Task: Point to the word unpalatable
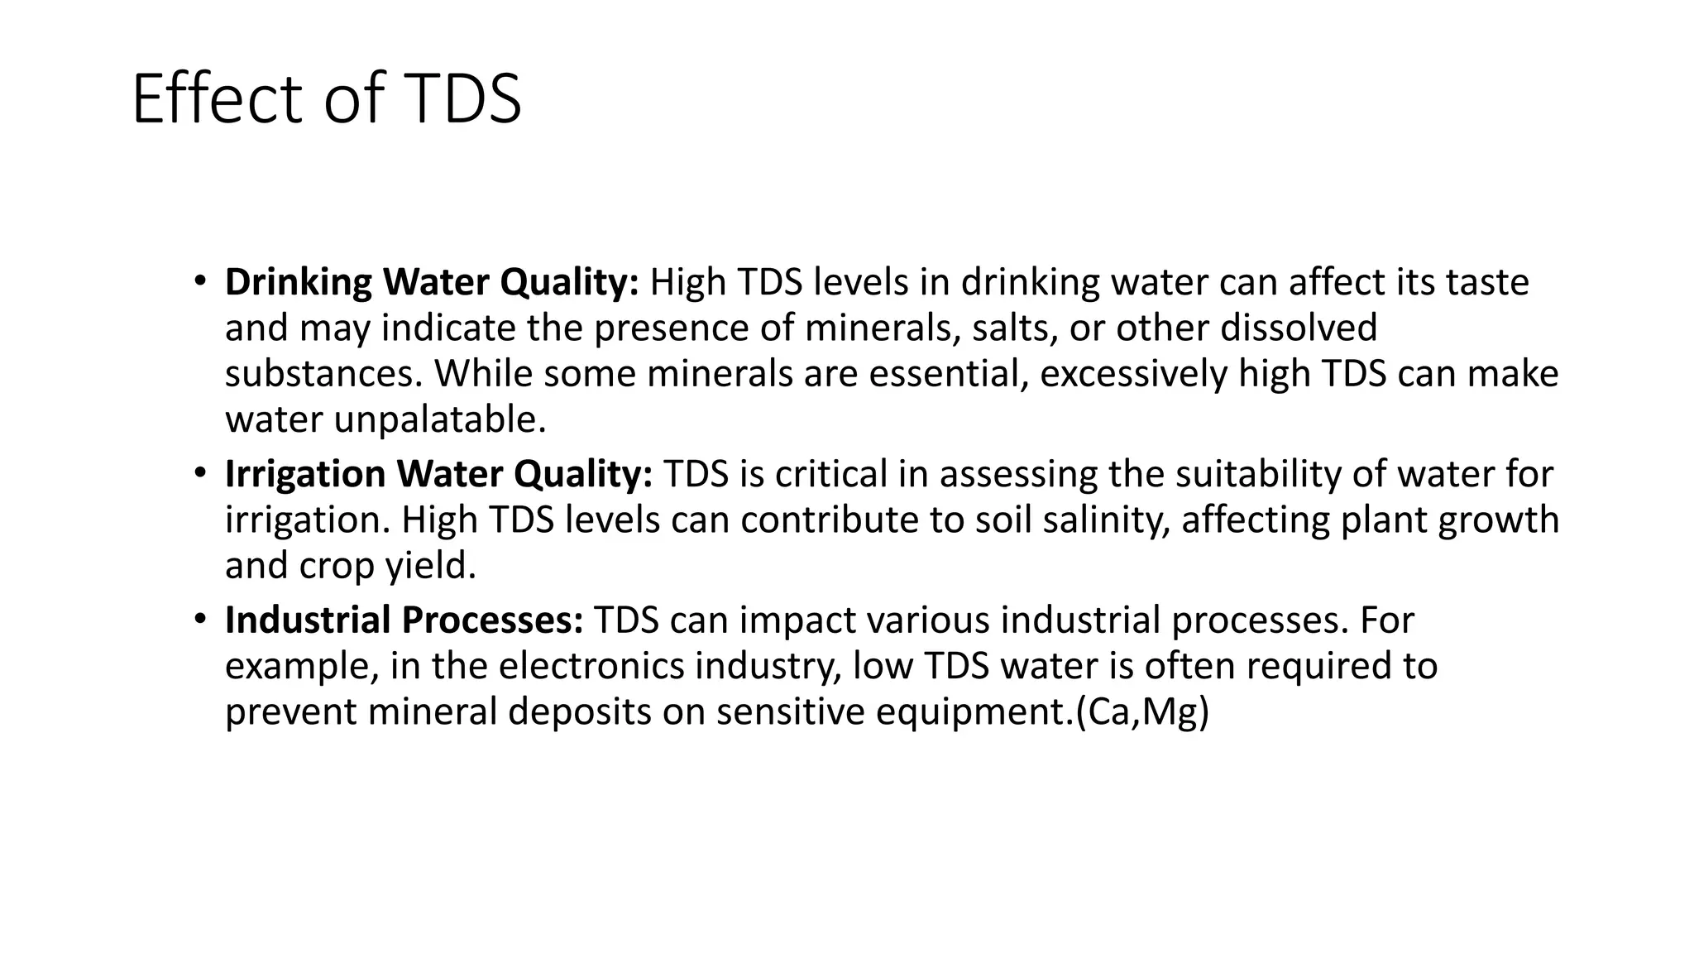[x=439, y=420]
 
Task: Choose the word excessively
[x=1133, y=374]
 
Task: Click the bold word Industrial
[x=308, y=620]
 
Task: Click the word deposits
[x=579, y=713]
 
